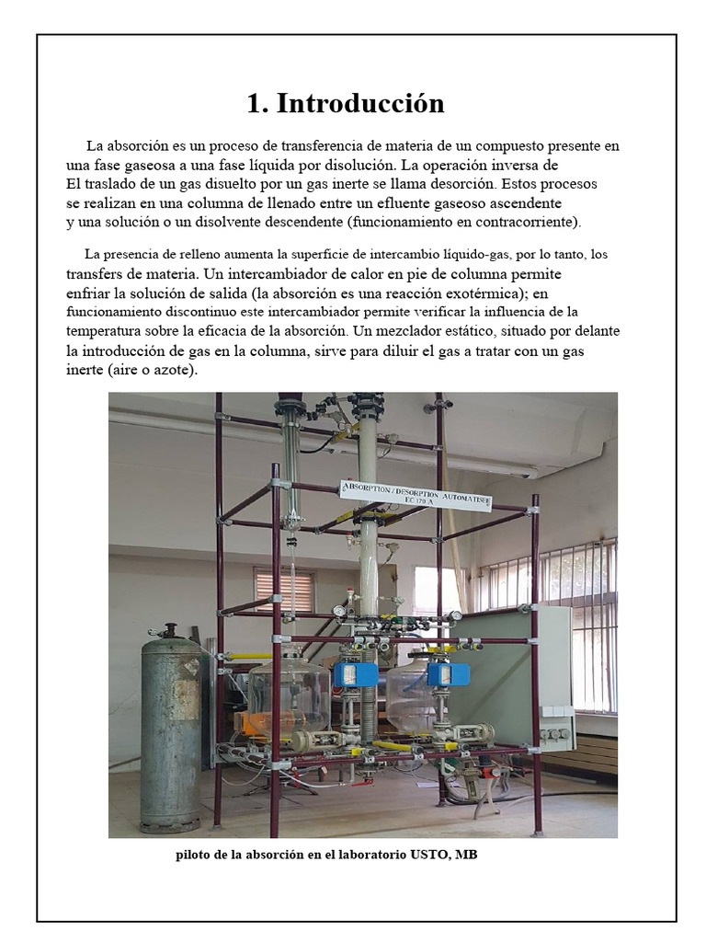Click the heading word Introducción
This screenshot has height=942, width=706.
tap(360, 104)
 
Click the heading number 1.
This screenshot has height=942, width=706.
tap(256, 104)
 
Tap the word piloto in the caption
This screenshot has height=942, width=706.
tap(196, 856)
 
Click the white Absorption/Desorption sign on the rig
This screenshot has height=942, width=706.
tap(416, 494)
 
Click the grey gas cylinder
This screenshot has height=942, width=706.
tap(171, 727)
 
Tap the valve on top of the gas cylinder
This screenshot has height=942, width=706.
tap(168, 631)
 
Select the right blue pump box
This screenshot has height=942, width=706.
tap(450, 674)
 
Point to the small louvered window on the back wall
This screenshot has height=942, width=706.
tap(285, 592)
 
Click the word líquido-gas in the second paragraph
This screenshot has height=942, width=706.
tap(523, 255)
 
